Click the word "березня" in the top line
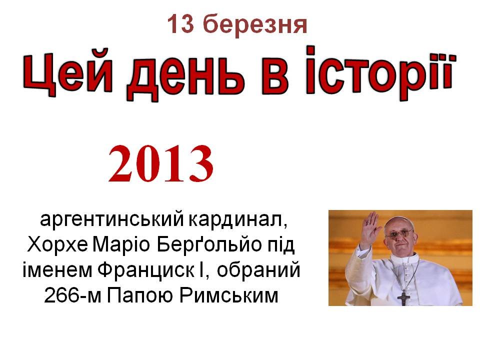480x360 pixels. [254, 24]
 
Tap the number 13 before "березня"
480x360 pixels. [181, 23]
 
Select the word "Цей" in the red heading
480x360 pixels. [67, 73]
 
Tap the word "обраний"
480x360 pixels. [258, 270]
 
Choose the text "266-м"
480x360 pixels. [72, 295]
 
